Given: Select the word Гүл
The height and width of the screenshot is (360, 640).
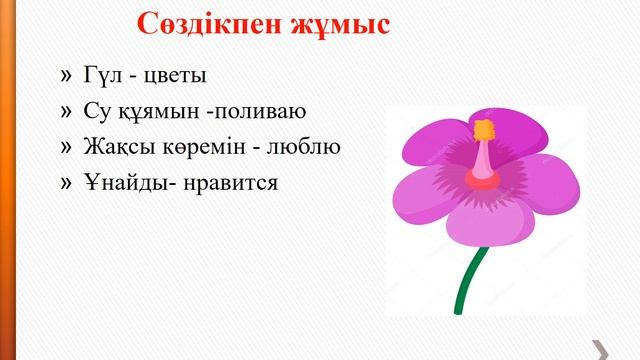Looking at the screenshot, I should point(105,76).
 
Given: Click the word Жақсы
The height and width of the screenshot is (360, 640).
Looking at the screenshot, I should point(122,148).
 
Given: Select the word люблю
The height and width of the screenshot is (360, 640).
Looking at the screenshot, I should point(305,148).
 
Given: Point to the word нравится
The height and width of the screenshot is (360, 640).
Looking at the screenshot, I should point(227,184).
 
